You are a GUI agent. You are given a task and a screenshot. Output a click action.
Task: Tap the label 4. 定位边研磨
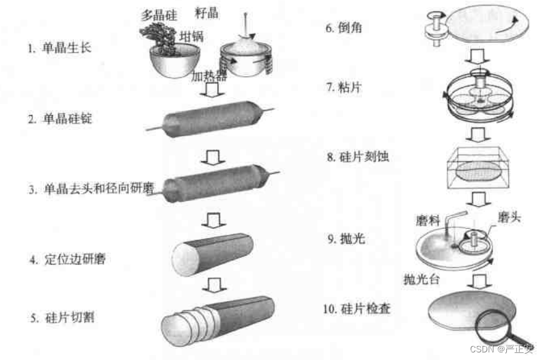(67, 259)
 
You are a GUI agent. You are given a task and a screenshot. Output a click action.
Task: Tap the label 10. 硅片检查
(357, 309)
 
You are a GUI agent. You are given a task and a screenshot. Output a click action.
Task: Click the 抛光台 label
(421, 279)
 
